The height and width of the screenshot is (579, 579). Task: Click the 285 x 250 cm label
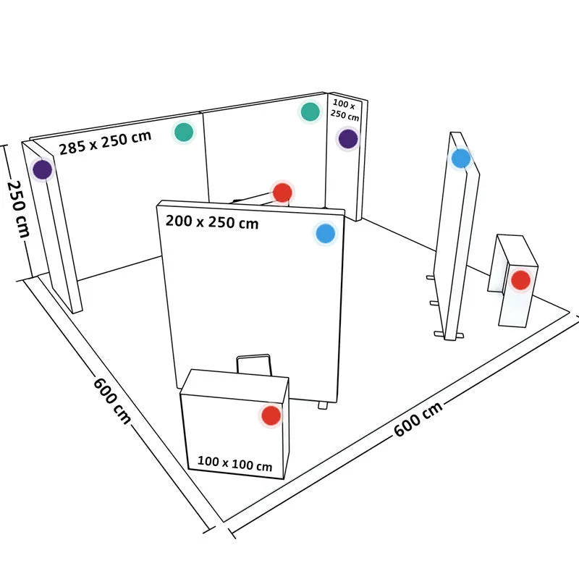[x=105, y=143]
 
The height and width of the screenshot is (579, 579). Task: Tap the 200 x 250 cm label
[x=212, y=222]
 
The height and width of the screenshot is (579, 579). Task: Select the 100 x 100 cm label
[x=234, y=463]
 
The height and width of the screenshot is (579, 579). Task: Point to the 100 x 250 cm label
[x=345, y=110]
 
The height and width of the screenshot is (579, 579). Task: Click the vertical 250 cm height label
[x=17, y=208]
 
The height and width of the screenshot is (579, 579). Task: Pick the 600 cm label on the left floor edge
[x=112, y=400]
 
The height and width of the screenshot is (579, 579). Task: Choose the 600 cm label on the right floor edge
[x=418, y=419]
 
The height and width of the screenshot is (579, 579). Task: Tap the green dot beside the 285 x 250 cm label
[x=184, y=132]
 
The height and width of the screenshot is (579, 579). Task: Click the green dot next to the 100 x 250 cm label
[x=310, y=111]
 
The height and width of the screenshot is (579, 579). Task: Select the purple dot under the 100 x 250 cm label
[x=348, y=139]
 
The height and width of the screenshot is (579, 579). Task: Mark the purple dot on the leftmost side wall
[x=43, y=169]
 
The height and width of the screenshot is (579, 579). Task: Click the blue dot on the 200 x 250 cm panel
[x=326, y=233]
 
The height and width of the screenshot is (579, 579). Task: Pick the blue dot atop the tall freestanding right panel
[x=461, y=159]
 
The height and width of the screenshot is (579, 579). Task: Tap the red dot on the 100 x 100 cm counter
[x=271, y=415]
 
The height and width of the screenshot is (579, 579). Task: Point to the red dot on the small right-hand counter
[x=520, y=280]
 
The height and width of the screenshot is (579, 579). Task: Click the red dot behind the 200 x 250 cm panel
[x=282, y=193]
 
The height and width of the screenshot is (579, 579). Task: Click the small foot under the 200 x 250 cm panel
[x=323, y=405]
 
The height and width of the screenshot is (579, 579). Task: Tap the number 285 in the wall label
[x=72, y=148]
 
